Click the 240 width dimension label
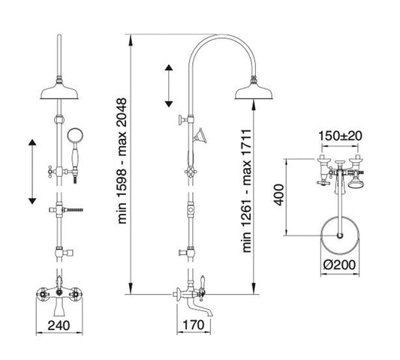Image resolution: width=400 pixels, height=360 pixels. coord(59,325)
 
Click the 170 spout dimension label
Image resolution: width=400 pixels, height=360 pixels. coord(194,325)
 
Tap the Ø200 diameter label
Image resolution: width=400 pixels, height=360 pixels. coord(339,265)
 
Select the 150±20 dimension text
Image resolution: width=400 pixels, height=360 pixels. coord(340,136)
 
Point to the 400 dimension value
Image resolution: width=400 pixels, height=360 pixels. coord(279,194)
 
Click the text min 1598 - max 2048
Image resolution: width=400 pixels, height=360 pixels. coord(122,161)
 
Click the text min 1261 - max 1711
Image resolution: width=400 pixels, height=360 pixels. coord(247,191)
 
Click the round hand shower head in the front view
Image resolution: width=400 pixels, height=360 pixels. coord(74,135)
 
